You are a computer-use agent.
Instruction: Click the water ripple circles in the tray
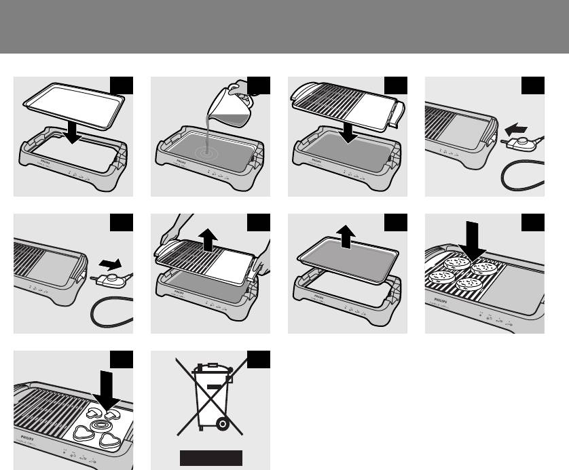204,153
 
